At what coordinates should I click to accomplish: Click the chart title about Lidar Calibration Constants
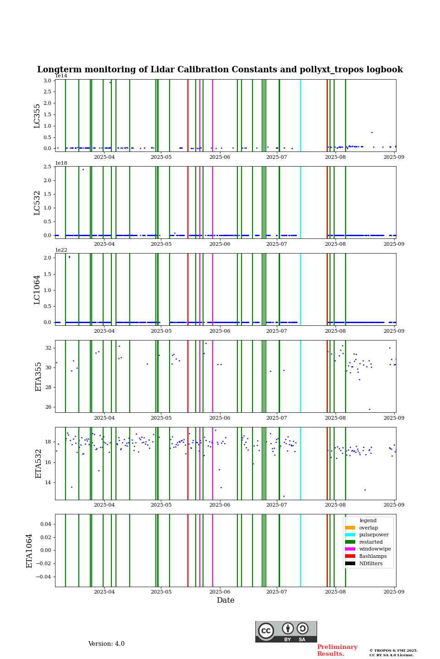(x=220, y=70)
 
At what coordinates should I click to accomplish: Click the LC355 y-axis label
(x=37, y=116)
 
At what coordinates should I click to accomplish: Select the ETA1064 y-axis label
(x=29, y=551)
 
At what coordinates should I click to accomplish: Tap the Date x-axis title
(x=225, y=600)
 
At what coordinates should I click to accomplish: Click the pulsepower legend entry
(x=374, y=535)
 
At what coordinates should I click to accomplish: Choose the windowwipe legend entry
(x=375, y=549)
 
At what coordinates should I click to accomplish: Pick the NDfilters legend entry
(x=371, y=563)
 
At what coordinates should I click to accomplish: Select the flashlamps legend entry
(x=373, y=556)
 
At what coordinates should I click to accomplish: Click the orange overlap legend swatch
(x=350, y=528)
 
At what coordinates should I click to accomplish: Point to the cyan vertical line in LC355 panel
(x=301, y=115)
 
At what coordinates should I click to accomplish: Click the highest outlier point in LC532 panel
(x=83, y=169)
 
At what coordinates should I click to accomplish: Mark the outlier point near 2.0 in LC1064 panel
(x=69, y=257)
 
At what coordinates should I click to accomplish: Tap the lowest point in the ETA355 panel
(x=369, y=409)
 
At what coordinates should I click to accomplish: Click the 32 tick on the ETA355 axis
(x=49, y=348)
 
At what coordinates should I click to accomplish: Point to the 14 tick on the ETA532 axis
(x=49, y=482)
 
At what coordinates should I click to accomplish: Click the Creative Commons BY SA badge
(x=286, y=632)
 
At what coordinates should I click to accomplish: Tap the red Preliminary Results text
(x=337, y=650)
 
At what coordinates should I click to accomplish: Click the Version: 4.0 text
(x=106, y=644)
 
